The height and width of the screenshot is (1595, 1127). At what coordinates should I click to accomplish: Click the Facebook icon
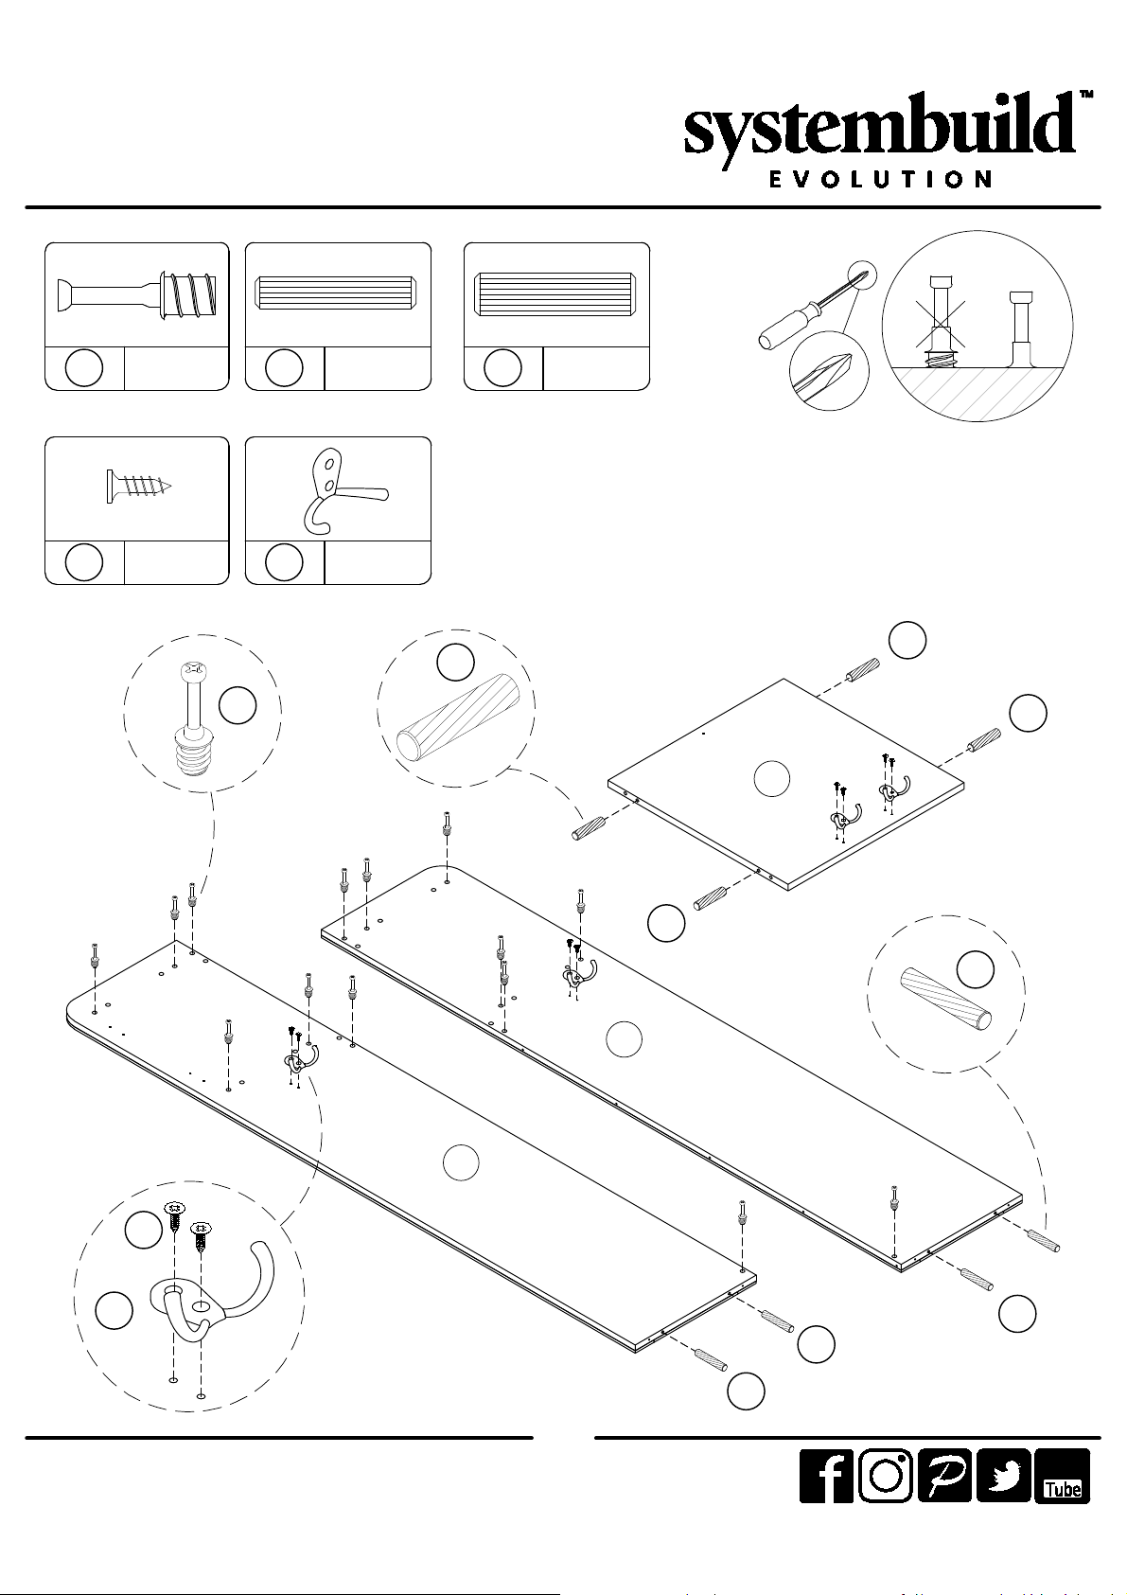[826, 1476]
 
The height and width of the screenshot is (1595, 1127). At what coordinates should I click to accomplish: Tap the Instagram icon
[886, 1476]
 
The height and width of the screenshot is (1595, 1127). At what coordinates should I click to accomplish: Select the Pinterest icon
[944, 1476]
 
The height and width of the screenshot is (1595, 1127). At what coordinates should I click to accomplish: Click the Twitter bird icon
[1003, 1476]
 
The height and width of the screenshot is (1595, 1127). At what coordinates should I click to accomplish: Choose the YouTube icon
[1062, 1476]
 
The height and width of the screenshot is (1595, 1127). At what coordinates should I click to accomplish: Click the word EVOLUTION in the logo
[879, 179]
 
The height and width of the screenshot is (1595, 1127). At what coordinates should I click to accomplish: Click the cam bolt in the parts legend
[137, 294]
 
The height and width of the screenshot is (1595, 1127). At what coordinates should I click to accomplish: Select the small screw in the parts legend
[138, 487]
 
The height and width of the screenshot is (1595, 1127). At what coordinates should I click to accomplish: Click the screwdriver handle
[784, 326]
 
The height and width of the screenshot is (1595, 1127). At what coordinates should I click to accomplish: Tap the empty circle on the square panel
[771, 779]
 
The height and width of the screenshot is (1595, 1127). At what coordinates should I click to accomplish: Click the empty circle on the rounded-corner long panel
[461, 1162]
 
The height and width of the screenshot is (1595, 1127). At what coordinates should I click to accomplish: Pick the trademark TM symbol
[1086, 95]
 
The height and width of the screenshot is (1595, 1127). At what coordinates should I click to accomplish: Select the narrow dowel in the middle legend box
[338, 293]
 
